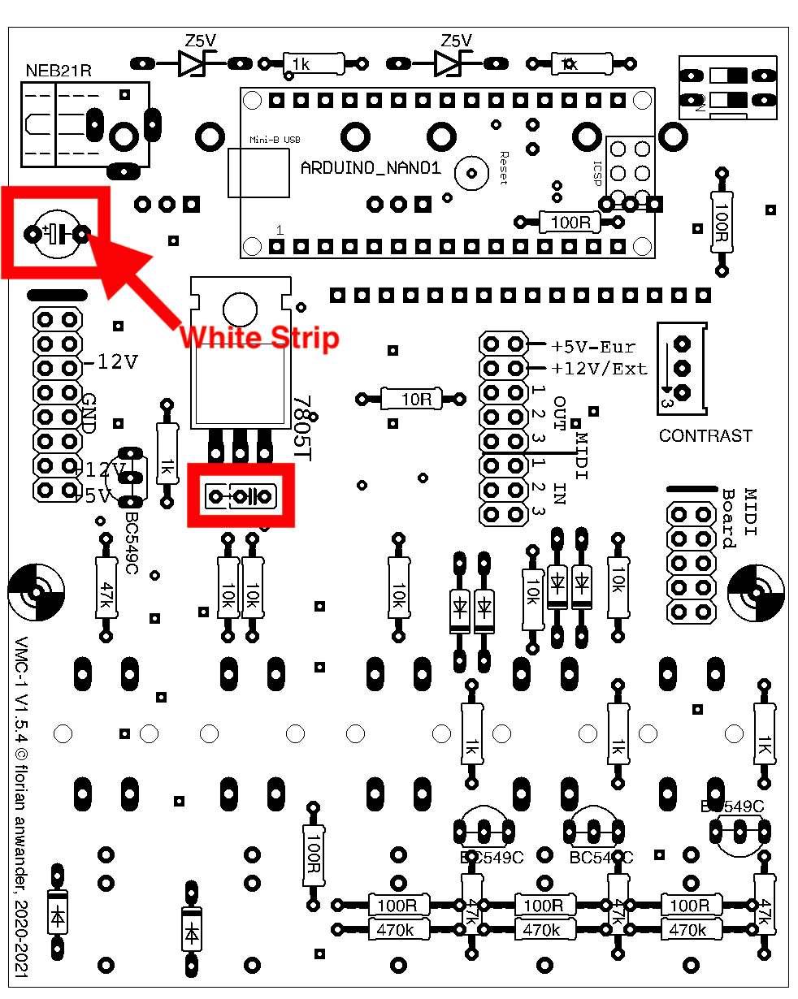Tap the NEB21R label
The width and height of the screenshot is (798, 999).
click(59, 70)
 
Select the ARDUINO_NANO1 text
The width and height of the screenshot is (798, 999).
click(371, 169)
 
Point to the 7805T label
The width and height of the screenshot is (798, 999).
click(302, 430)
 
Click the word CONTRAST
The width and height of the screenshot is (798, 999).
click(705, 436)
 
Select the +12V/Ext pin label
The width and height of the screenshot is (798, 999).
click(600, 369)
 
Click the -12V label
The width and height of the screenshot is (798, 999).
click(111, 362)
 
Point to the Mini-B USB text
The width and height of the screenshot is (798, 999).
click(274, 140)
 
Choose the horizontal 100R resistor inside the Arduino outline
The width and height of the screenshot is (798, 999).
click(570, 222)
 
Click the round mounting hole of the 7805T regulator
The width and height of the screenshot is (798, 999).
click(240, 308)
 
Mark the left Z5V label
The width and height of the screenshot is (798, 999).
click(201, 41)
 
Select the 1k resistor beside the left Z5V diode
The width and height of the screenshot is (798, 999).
click(313, 63)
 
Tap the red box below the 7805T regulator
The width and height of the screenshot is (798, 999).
click(241, 495)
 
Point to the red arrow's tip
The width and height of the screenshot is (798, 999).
click(88, 236)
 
